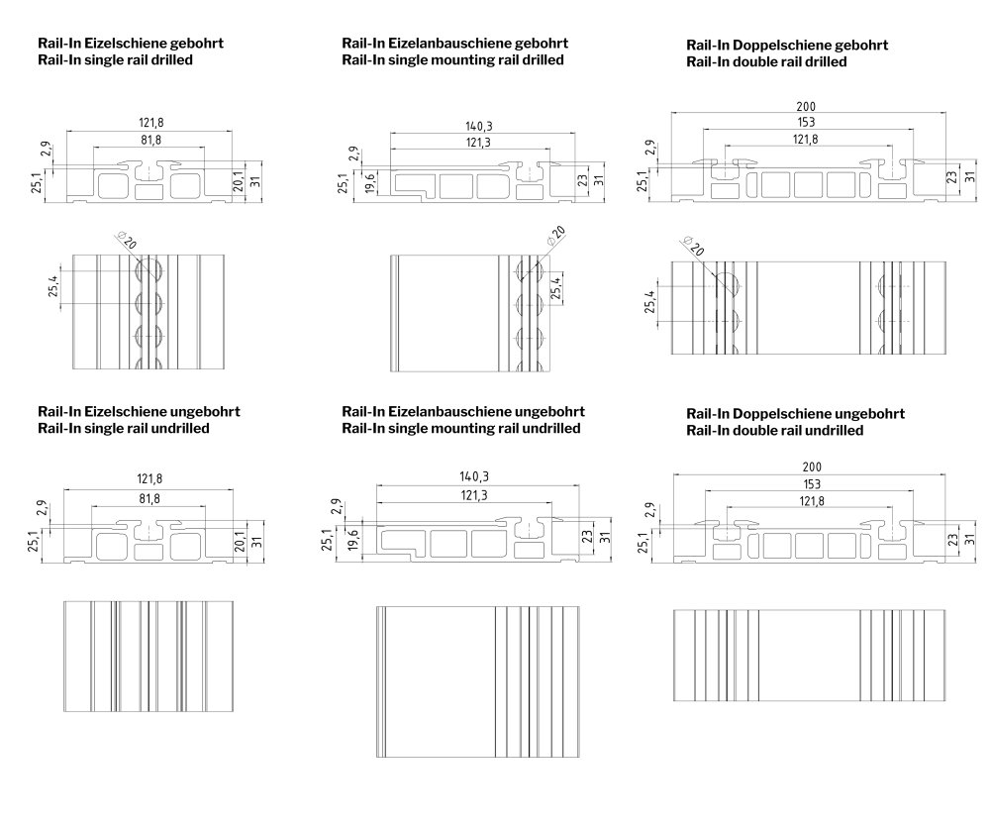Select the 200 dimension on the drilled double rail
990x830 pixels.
[806, 107]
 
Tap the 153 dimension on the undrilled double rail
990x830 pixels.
[812, 484]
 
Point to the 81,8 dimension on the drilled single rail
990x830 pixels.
[150, 141]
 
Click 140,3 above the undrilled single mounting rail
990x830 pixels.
[474, 476]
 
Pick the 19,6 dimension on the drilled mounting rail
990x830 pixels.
[370, 182]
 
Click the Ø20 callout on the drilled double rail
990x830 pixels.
[693, 245]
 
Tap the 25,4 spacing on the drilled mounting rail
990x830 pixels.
[555, 288]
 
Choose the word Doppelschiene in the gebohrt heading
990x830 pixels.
[782, 46]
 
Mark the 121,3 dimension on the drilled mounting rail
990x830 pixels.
[478, 143]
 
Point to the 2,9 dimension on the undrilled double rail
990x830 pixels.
[650, 510]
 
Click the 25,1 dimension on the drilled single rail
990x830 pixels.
[37, 182]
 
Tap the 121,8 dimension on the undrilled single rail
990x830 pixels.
[149, 479]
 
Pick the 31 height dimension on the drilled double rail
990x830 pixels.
[971, 177]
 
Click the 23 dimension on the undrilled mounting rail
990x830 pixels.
[588, 537]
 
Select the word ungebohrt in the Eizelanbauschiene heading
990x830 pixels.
[549, 412]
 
